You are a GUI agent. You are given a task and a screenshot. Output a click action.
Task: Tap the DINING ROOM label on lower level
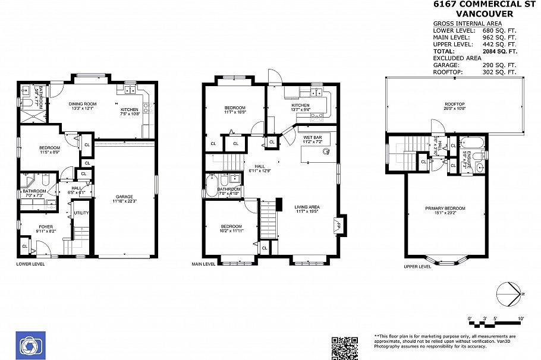click(84, 104)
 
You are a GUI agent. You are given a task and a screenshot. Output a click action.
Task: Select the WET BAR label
click(313, 138)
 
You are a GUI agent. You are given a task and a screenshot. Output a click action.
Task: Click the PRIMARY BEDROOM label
click(445, 208)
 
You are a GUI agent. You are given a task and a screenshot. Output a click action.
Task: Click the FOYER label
click(46, 226)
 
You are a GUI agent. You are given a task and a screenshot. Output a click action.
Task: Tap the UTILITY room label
click(81, 212)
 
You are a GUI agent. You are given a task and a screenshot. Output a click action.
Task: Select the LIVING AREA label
click(307, 207)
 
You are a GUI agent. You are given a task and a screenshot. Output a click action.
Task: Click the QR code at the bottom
click(344, 348)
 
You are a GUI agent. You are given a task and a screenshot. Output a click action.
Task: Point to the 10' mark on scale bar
click(521, 319)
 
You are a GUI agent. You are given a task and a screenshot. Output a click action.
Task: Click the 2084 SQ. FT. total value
click(499, 52)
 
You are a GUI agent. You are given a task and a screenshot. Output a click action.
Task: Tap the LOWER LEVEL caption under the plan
click(30, 263)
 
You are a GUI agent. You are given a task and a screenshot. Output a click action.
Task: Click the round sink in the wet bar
click(326, 151)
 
